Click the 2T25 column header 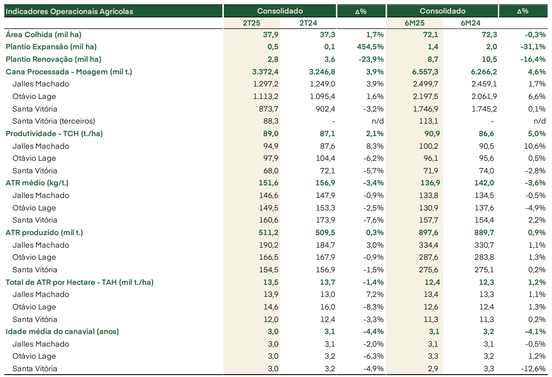coord(251,23)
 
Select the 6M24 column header coord(470,23)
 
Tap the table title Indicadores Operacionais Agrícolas coord(69,11)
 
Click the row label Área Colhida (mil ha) coord(44,34)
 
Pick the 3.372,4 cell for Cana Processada coord(265,72)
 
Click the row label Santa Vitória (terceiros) coord(54,121)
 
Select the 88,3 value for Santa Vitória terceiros coord(271,121)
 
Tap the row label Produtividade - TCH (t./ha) coord(54,134)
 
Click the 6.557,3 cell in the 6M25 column coord(425,72)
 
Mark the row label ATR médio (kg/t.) coord(37,183)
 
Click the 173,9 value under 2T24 coord(325,220)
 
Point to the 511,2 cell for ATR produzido coord(269,233)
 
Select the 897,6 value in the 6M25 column coord(428,233)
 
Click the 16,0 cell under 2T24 coord(327,307)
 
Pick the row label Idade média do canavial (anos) coord(62,332)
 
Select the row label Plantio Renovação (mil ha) coord(54,59)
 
